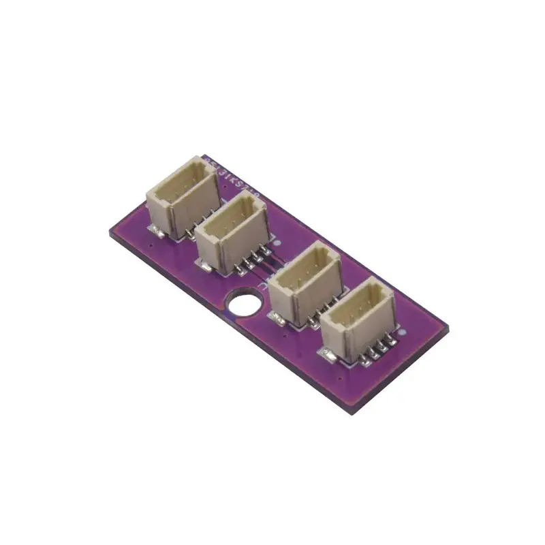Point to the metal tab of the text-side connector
pos(156,230)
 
